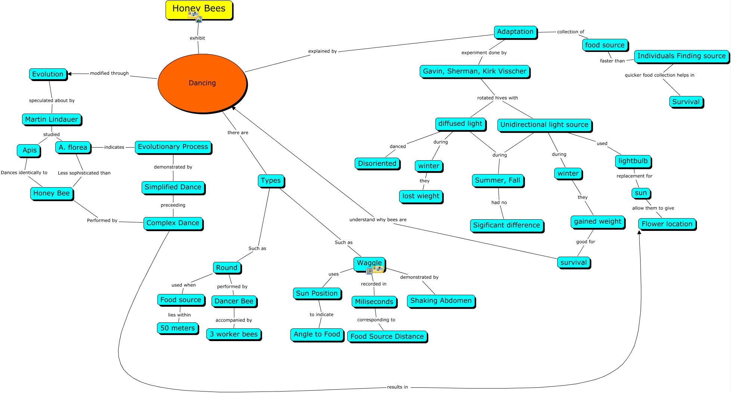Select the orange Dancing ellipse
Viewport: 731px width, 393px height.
point(202,83)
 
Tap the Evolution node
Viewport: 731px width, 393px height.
point(48,74)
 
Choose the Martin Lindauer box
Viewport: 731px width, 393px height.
point(52,120)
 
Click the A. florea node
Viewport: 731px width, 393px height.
point(73,147)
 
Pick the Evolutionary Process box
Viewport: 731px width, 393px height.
point(173,147)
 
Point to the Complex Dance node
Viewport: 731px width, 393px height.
point(173,223)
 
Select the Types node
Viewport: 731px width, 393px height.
point(271,180)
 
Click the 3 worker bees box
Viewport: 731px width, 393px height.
point(234,334)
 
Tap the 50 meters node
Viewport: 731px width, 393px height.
point(178,328)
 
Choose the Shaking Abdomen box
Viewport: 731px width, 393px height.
point(441,301)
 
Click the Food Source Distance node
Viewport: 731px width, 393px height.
point(387,336)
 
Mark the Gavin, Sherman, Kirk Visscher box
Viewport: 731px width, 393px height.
point(474,71)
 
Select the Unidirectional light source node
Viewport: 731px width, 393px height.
point(544,125)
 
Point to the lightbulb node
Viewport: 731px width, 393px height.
point(633,161)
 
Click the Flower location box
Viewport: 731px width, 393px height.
point(667,224)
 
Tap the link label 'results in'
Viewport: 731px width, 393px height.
point(397,387)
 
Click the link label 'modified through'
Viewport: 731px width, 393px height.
point(109,73)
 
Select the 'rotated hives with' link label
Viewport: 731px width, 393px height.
point(497,98)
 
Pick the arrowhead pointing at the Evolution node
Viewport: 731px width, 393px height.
point(70,74)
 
